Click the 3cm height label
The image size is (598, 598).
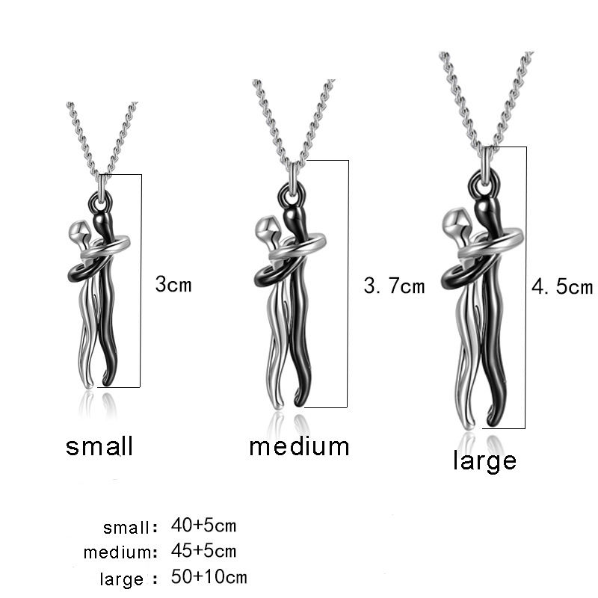click(173, 284)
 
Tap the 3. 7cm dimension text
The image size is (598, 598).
click(393, 286)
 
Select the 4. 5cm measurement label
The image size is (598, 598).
click(561, 287)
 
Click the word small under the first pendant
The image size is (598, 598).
click(99, 446)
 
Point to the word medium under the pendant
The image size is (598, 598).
click(299, 446)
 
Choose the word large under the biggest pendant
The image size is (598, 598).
click(484, 460)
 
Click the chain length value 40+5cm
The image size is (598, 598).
click(203, 525)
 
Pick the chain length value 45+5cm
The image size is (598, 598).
click(203, 552)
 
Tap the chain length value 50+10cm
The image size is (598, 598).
click(209, 577)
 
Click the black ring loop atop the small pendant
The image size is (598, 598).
click(100, 200)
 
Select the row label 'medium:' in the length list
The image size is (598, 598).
click(120, 553)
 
